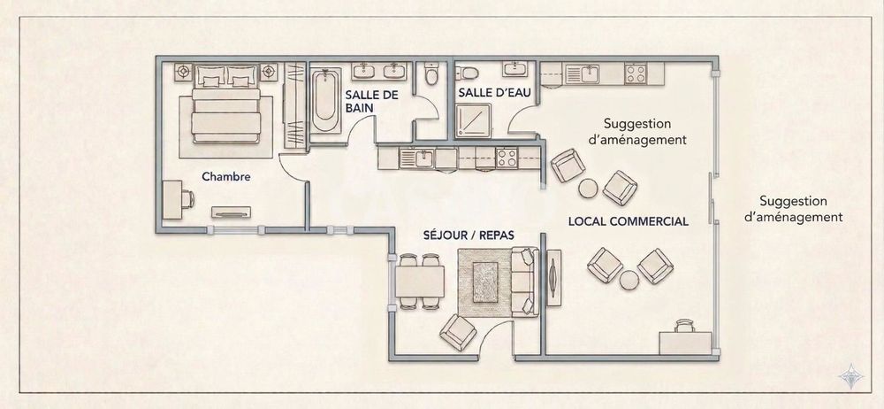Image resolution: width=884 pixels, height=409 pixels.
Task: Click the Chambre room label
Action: tap(226, 176)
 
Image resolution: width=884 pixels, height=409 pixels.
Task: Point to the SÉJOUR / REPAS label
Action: tap(469, 235)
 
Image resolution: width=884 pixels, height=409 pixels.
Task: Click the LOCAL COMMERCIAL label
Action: tap(628, 220)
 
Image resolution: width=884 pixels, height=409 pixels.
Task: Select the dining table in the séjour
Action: tap(420, 282)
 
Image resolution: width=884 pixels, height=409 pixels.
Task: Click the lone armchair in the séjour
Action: tap(458, 331)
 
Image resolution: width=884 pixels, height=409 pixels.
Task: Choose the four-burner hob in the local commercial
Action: tap(636, 73)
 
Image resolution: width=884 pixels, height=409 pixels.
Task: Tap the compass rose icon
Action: tap(852, 375)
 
